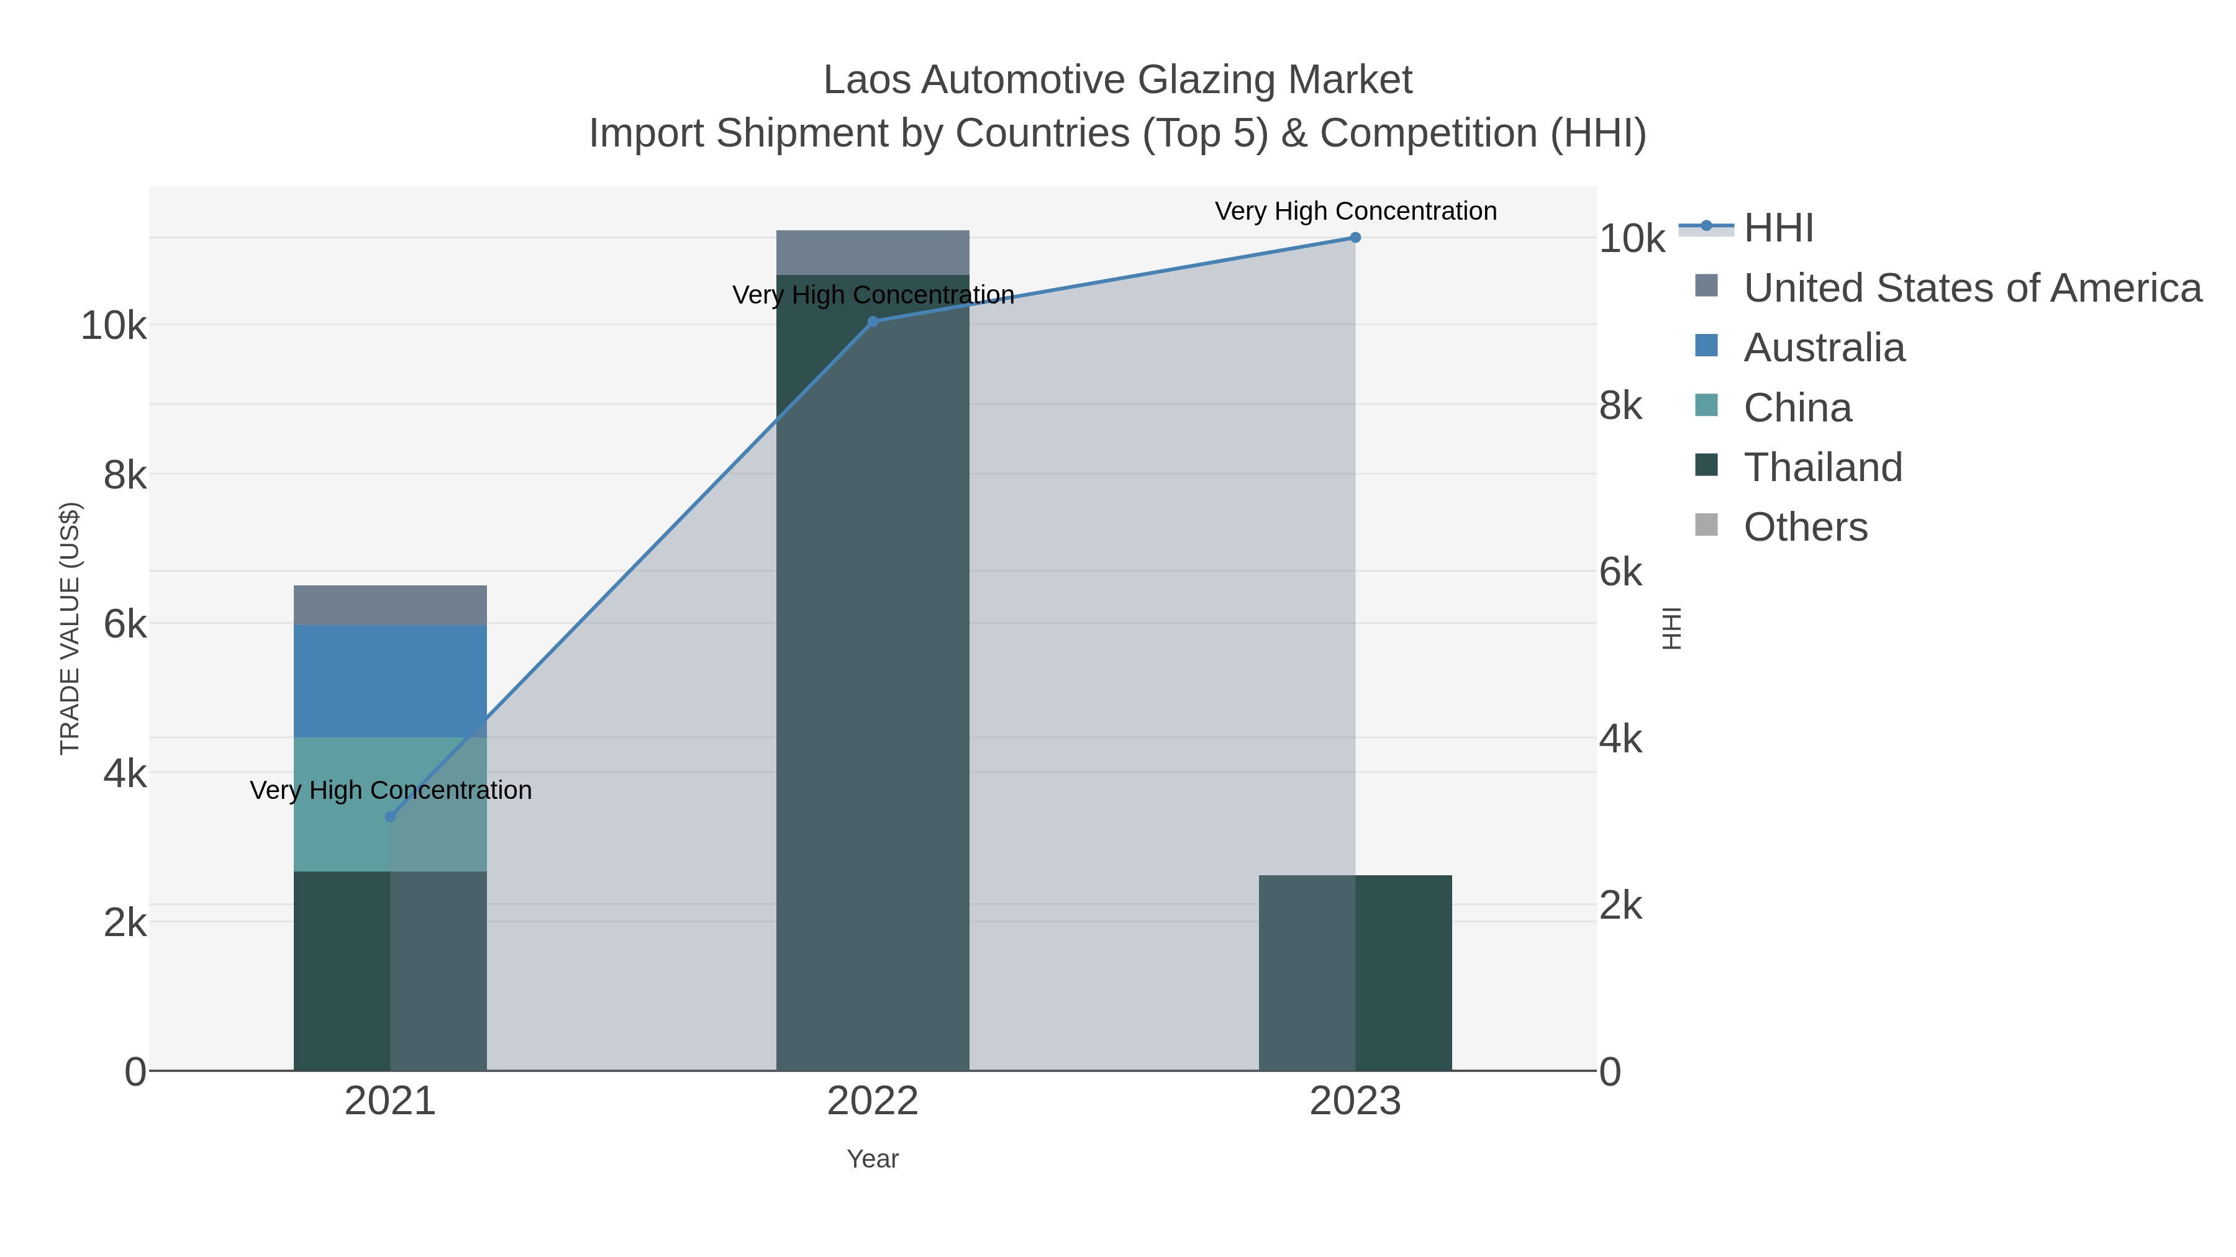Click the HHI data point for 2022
[873, 321]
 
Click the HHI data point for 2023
[1355, 238]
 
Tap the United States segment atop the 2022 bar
[873, 253]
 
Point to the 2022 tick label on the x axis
[873, 1101]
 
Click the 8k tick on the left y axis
[125, 475]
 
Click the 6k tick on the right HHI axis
[1620, 572]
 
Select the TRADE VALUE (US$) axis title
[70, 628]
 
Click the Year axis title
[873, 1158]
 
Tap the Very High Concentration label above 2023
[1355, 211]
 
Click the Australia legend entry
[1824, 347]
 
